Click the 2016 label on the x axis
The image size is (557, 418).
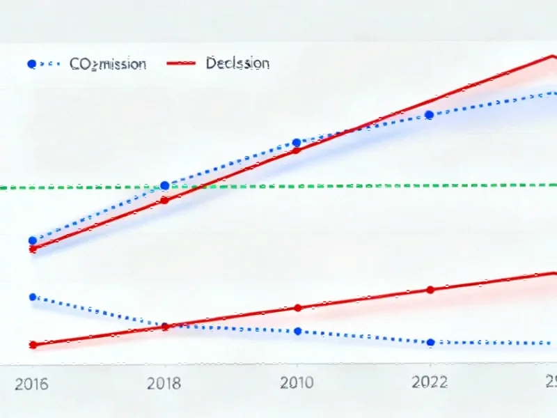click(31, 384)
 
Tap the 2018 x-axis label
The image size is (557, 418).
click(164, 383)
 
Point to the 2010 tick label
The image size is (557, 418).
click(297, 383)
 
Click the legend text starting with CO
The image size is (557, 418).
click(108, 64)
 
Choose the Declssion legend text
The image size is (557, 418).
click(237, 63)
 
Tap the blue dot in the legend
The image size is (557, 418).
click(31, 64)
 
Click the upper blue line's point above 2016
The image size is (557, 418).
click(32, 240)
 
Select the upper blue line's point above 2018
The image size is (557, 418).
click(165, 185)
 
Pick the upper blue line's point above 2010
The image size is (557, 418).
click(297, 142)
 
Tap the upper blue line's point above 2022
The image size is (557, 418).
click(430, 115)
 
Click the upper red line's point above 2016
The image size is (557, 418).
click(32, 249)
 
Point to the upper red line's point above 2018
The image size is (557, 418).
click(165, 201)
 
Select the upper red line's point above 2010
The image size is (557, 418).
click(297, 149)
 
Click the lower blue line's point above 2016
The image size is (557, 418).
click(32, 297)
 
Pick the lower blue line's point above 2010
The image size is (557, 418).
click(298, 331)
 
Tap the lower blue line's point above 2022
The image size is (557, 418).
click(431, 342)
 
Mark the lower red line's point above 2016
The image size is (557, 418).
click(32, 345)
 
